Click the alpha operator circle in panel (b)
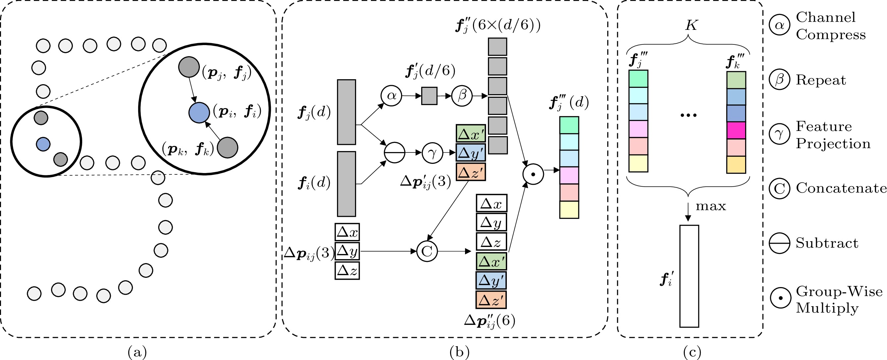point(391,95)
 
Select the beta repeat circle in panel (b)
point(461,95)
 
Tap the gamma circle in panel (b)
point(433,152)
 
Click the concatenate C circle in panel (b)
point(427,251)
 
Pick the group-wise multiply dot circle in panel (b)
point(533,174)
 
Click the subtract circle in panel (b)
point(394,152)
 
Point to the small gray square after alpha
point(429,96)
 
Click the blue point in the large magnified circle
point(199,113)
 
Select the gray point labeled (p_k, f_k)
point(228,148)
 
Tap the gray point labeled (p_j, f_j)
point(189,67)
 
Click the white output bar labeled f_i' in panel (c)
point(689,276)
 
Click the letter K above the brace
point(691,25)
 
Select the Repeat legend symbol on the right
point(780,79)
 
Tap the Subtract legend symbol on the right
point(780,243)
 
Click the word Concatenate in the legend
point(841,188)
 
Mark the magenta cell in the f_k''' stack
point(736,130)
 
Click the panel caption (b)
point(459,352)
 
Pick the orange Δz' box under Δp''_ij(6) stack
point(491,300)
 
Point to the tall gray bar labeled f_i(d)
point(346,184)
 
